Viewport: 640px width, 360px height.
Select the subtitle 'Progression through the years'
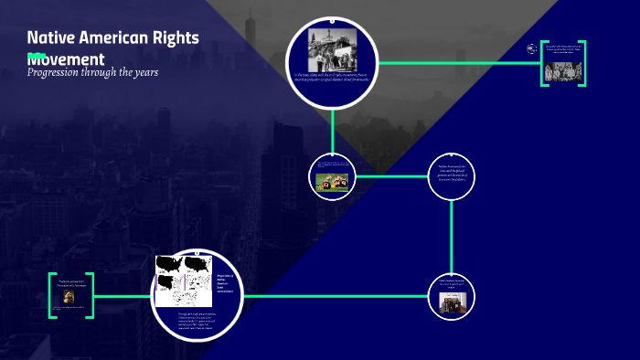[x=92, y=73]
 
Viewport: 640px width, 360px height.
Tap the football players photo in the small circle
[x=332, y=180]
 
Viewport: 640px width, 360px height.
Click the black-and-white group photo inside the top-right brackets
[x=562, y=71]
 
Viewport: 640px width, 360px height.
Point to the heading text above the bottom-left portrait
[x=70, y=283]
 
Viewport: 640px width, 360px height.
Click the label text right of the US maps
[x=225, y=283]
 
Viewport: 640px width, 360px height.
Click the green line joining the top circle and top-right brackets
[x=457, y=62]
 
